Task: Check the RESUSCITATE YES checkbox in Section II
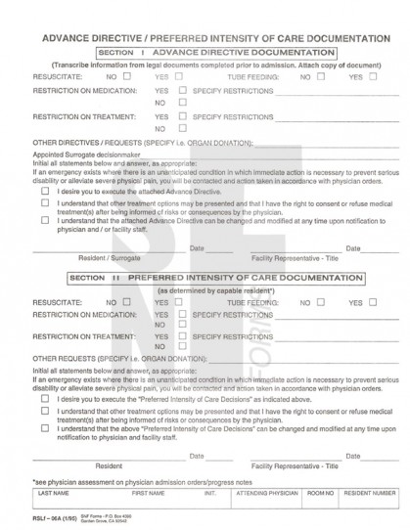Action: (x=179, y=303)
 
